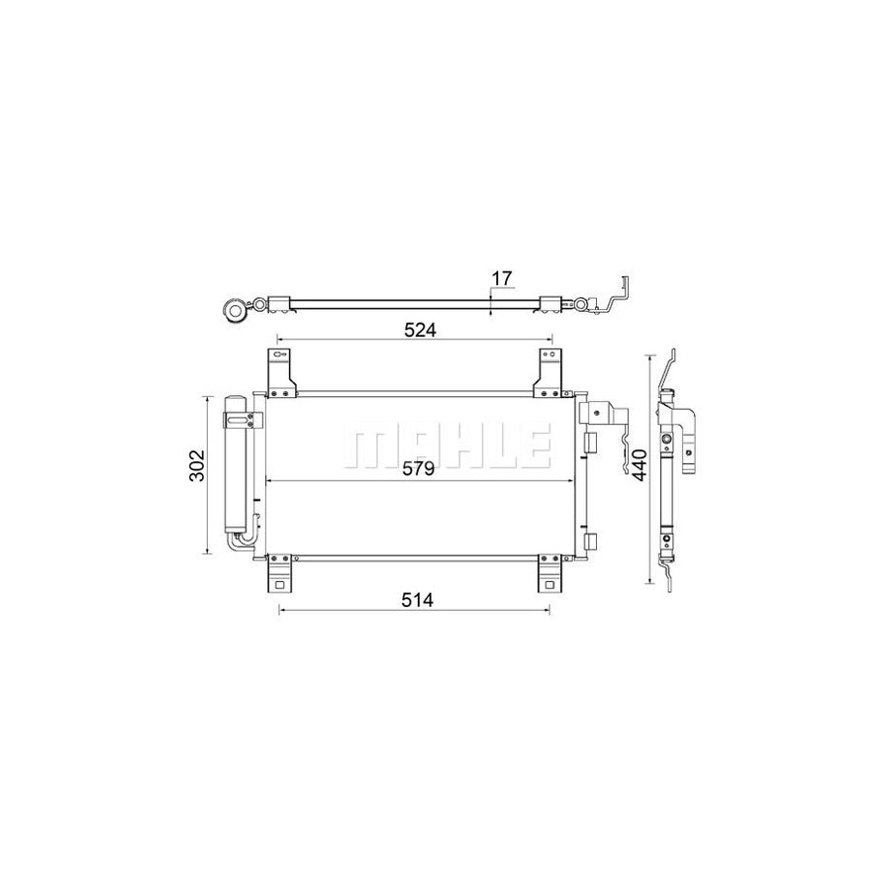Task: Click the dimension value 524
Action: (x=419, y=330)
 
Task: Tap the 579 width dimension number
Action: (x=419, y=470)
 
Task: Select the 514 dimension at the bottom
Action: (x=419, y=600)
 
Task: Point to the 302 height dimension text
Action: (x=197, y=465)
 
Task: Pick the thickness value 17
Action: (x=502, y=279)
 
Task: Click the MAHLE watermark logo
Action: (x=445, y=447)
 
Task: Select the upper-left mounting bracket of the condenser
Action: (x=281, y=375)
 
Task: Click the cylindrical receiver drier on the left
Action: (x=238, y=465)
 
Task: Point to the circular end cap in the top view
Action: (x=236, y=309)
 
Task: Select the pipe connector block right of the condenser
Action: (x=600, y=415)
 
